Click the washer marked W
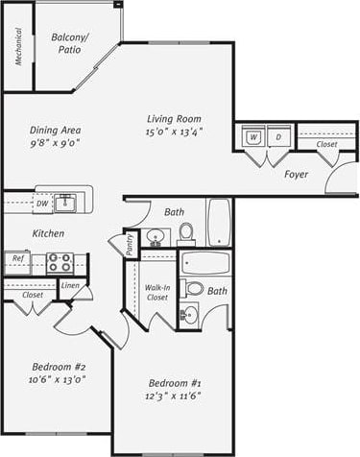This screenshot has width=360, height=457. [x=252, y=136]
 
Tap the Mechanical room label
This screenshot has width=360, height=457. [x=17, y=46]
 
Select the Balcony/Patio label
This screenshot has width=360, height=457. [x=70, y=42]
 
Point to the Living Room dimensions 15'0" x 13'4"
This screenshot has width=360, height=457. [x=174, y=132]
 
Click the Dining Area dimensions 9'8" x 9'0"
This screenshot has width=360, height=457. [x=54, y=144]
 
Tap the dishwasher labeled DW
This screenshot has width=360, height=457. [x=41, y=204]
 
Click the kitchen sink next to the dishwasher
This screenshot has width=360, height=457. [x=66, y=203]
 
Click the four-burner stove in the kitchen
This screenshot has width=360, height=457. [x=60, y=261]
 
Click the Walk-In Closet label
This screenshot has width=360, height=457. [x=157, y=292]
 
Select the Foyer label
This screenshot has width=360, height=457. [x=297, y=174]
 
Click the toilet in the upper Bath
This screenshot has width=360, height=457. [x=187, y=232]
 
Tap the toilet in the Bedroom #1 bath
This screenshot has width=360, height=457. [x=194, y=288]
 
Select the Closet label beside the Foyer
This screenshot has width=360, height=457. [x=326, y=144]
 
